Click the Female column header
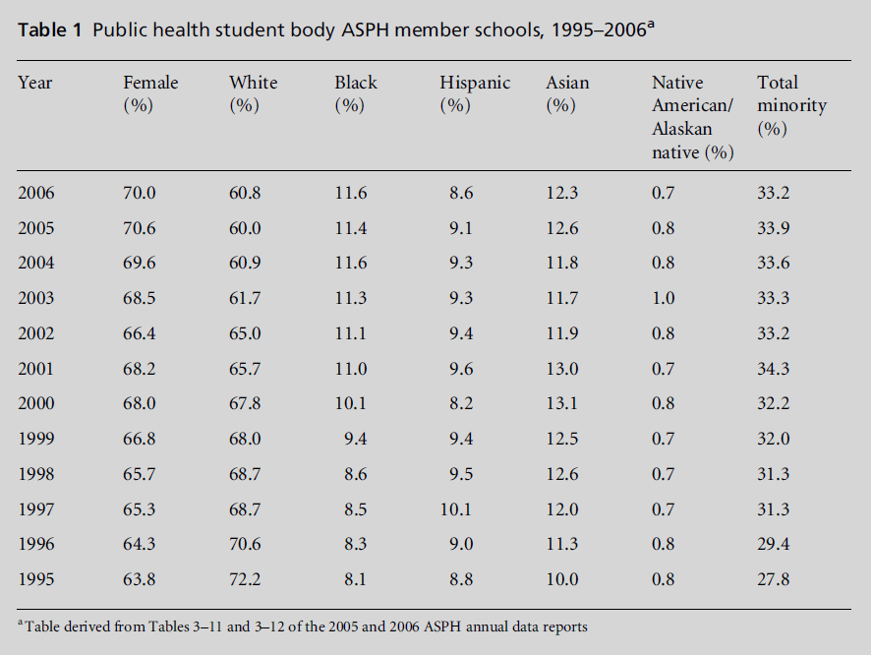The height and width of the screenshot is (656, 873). coord(150,93)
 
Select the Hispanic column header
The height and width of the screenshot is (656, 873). coord(475,93)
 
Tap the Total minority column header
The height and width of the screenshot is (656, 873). coord(791,105)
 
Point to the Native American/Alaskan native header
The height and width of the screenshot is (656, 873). coord(694,117)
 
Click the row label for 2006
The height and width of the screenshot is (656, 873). coord(36,193)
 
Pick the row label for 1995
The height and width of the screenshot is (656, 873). coord(36,579)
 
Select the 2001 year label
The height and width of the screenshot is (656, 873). coord(36,369)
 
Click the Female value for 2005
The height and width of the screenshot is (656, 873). coord(140,228)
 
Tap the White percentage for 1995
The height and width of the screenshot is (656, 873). coord(245,579)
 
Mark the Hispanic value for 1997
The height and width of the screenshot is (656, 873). coord(456,508)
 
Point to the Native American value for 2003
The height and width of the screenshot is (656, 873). coord(664,298)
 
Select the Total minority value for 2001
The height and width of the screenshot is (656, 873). coord(773,369)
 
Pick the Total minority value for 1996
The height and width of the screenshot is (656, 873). coord(773,544)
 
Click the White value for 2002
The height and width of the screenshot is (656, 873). coord(245,333)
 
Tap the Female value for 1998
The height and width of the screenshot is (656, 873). coord(140,474)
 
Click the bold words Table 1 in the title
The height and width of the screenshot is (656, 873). coord(49,30)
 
